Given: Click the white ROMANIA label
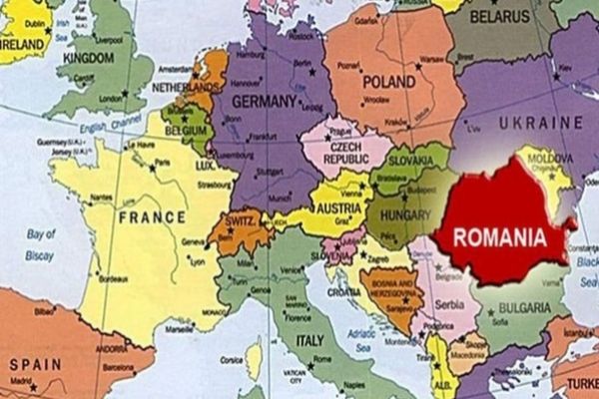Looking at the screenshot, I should tap(501, 238).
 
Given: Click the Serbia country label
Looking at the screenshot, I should tap(446, 302).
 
